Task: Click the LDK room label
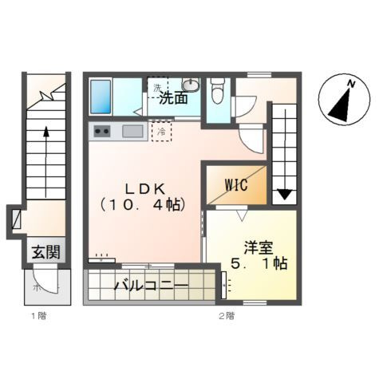[x=144, y=188]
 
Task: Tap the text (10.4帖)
[x=144, y=204]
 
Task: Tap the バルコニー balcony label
[x=150, y=285]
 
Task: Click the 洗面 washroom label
[x=172, y=99]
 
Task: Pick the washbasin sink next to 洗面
[x=190, y=85]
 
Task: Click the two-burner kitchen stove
[x=102, y=132]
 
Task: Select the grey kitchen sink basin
[x=132, y=132]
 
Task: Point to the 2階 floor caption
[x=227, y=317]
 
